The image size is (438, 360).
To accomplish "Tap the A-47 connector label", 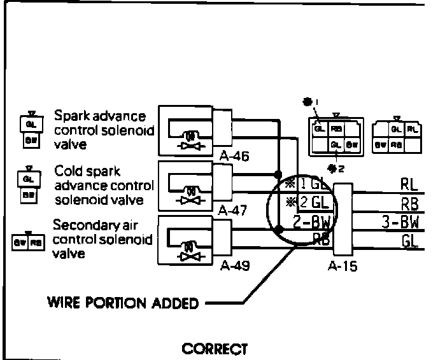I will (x=231, y=210).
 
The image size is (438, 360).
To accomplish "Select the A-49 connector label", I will (x=234, y=266).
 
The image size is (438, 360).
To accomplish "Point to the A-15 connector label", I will (x=342, y=266).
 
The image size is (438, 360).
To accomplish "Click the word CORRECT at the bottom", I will (x=214, y=349).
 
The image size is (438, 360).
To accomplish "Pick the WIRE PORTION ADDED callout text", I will (x=122, y=301).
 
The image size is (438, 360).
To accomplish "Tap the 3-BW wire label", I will (x=401, y=223).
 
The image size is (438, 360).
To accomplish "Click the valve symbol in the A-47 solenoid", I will (x=188, y=194).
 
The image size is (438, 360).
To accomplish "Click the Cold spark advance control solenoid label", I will (x=104, y=185).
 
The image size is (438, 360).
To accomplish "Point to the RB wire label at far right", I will (x=409, y=204).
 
